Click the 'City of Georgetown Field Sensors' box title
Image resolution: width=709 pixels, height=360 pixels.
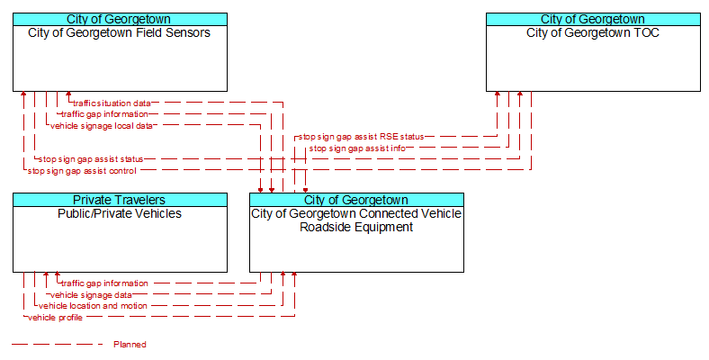pyautogui.click(x=120, y=32)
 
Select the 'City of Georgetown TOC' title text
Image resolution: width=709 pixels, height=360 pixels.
pyautogui.click(x=593, y=32)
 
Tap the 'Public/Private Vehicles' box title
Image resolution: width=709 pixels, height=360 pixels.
pyautogui.click(x=120, y=213)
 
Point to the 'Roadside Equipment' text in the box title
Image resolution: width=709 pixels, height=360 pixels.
pyautogui.click(x=356, y=227)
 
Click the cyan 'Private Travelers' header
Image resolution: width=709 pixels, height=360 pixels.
pyautogui.click(x=120, y=200)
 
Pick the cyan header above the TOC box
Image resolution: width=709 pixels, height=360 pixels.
pyautogui.click(x=593, y=20)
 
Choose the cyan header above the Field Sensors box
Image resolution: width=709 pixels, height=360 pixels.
pyautogui.click(x=120, y=20)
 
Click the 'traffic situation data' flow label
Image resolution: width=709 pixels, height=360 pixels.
pyautogui.click(x=112, y=103)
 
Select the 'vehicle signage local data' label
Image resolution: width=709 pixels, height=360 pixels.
pyautogui.click(x=102, y=126)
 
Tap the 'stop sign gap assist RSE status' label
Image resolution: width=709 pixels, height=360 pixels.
pyautogui.click(x=361, y=137)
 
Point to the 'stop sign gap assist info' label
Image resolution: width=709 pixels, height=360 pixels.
pyautogui.click(x=357, y=148)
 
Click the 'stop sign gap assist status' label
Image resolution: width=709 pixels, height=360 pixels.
pyautogui.click(x=91, y=159)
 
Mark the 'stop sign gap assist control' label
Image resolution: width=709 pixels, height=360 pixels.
pyautogui.click(x=82, y=171)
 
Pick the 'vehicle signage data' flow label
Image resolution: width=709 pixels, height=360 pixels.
pyautogui.click(x=92, y=295)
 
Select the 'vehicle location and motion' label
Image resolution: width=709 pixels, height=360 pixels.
pyautogui.click(x=93, y=306)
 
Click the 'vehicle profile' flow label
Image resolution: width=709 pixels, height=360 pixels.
pyautogui.click(x=55, y=318)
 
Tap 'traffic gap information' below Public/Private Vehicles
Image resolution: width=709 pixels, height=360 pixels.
pyautogui.click(x=104, y=283)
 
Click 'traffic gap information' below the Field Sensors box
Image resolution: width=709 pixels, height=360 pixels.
pyautogui.click(x=104, y=114)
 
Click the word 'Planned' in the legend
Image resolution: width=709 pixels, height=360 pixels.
pyautogui.click(x=130, y=345)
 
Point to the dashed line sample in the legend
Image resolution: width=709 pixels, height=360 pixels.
pyautogui.click(x=58, y=345)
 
